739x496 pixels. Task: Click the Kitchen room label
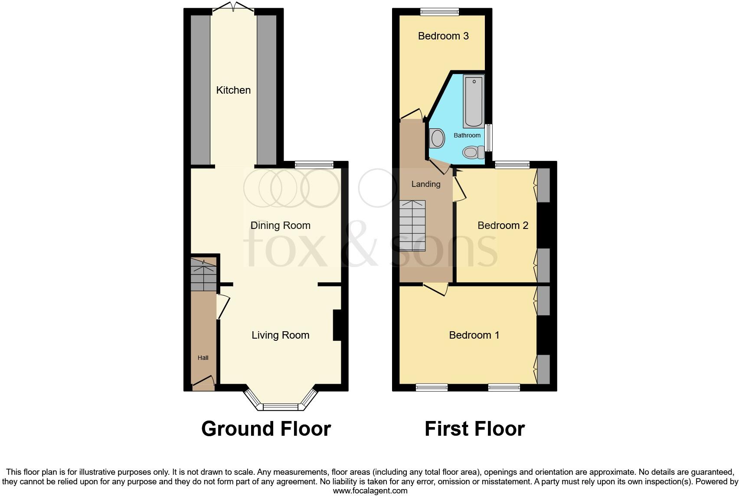233,90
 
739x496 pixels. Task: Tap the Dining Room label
280,225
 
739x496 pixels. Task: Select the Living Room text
280,335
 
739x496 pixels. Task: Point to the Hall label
203,358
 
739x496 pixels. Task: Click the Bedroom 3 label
443,36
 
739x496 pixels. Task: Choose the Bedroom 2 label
503,225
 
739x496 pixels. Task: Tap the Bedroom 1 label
474,335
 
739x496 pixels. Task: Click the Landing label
425,184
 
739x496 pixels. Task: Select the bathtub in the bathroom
474,101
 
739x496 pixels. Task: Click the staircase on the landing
412,225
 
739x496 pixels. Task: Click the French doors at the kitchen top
234,7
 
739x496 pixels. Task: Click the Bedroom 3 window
439,12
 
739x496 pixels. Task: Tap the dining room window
314,164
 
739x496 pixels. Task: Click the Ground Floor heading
266,429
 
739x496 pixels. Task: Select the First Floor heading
474,429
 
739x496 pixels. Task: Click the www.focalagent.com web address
370,491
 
